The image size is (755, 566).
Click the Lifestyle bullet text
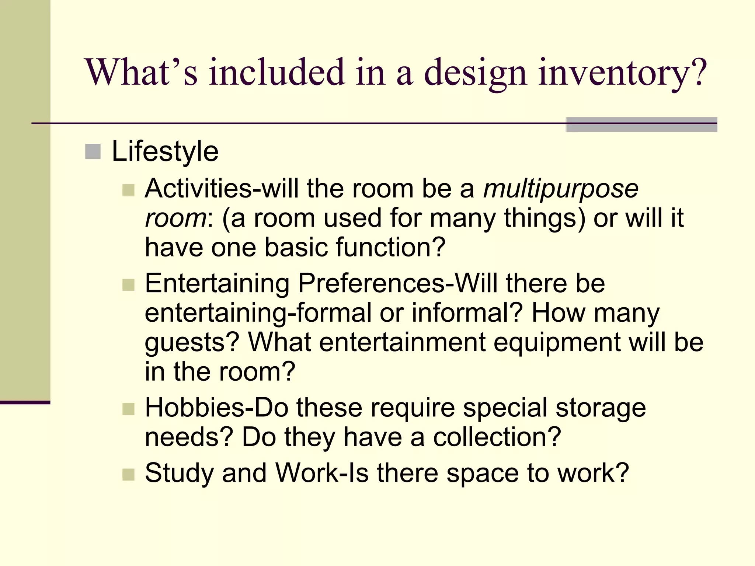click(165, 151)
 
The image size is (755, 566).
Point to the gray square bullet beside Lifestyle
click(93, 151)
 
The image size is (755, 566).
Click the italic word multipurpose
click(561, 189)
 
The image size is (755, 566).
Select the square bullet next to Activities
click(128, 190)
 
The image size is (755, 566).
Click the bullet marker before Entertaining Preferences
click(128, 285)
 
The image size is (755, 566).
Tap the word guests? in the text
click(192, 343)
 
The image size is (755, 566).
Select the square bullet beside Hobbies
click(128, 409)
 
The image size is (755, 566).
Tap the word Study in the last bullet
click(179, 473)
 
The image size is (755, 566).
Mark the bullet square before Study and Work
click(128, 475)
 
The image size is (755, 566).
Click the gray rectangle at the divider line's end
click(641, 125)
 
